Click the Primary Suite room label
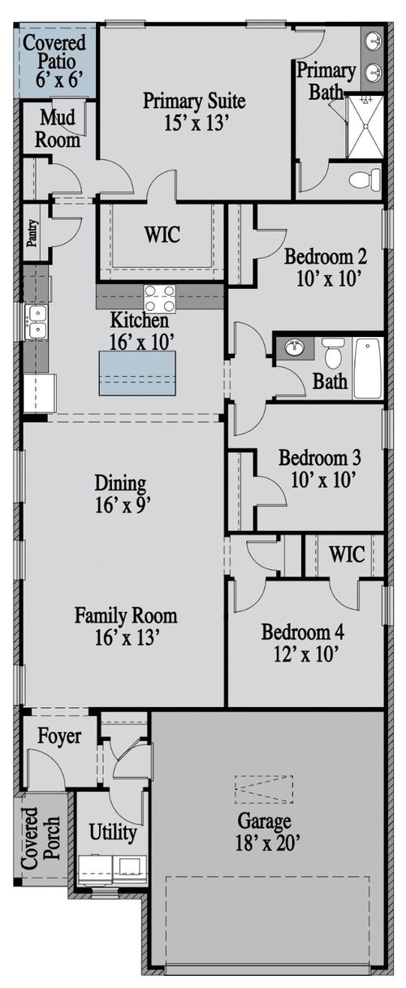pyautogui.click(x=194, y=101)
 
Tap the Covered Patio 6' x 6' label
pyautogui.click(x=54, y=62)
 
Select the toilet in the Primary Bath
pyautogui.click(x=365, y=179)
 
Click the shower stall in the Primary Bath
pyautogui.click(x=365, y=126)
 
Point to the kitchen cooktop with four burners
pyautogui.click(x=159, y=299)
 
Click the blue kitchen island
pyautogui.click(x=136, y=373)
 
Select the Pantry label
pyautogui.click(x=32, y=233)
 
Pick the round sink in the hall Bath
pyautogui.click(x=293, y=347)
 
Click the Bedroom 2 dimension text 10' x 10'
pyautogui.click(x=329, y=278)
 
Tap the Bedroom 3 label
pyautogui.click(x=319, y=458)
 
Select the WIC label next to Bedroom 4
pyautogui.click(x=348, y=554)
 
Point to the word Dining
pyautogui.click(x=120, y=483)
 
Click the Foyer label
pyautogui.click(x=59, y=736)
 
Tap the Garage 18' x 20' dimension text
pyautogui.click(x=268, y=843)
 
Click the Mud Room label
pyautogui.click(x=58, y=129)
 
